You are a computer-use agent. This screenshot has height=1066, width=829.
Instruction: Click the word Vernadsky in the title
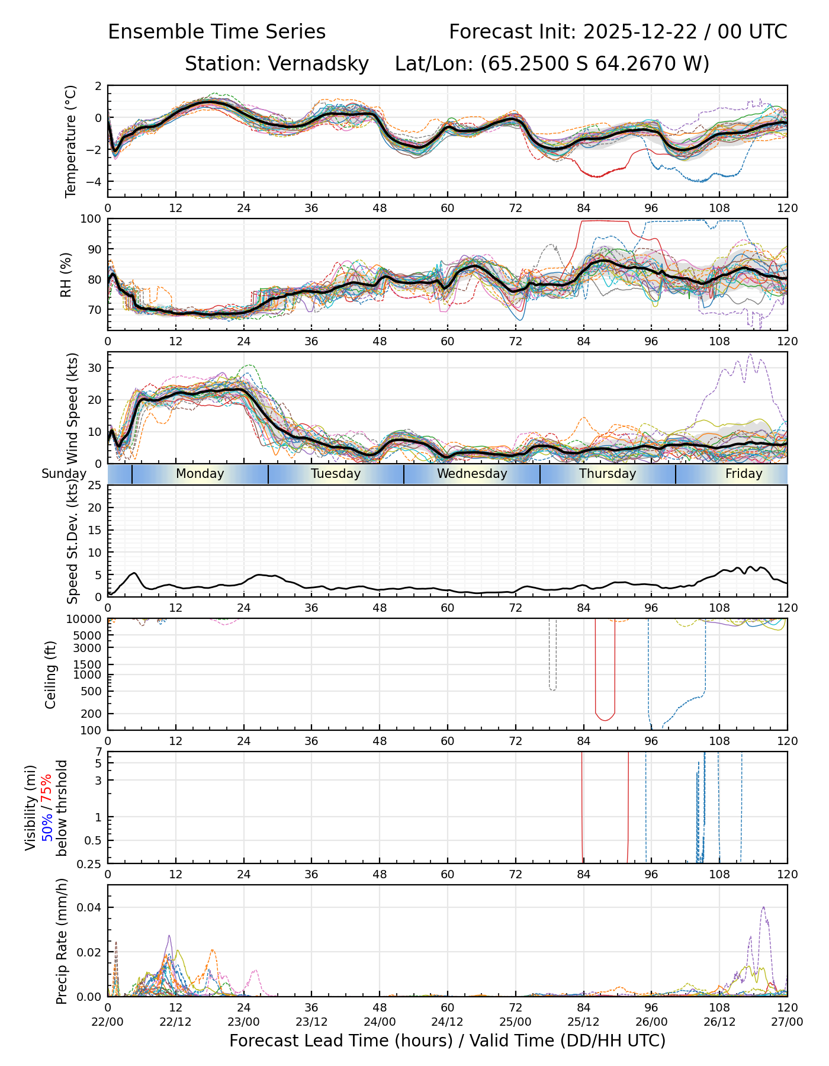318,63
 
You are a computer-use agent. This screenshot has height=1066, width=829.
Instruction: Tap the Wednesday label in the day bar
472,474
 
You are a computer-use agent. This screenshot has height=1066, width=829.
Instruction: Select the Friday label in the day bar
744,474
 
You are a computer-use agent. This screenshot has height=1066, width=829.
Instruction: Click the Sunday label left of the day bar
64,474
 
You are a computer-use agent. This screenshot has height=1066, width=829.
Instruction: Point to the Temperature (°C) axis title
71,141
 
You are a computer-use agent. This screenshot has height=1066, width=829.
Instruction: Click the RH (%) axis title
66,274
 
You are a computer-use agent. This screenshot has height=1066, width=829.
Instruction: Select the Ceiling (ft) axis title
51,675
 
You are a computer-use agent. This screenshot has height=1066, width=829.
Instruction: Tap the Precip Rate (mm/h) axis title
62,941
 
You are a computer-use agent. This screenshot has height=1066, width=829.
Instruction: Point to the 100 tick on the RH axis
91,219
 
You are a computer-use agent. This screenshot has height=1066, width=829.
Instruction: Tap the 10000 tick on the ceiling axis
84,619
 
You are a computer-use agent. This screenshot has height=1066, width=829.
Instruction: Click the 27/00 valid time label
787,1022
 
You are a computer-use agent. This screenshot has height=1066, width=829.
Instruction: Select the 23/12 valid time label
311,1022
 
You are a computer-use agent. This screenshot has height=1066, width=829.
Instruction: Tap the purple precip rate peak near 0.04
763,907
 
